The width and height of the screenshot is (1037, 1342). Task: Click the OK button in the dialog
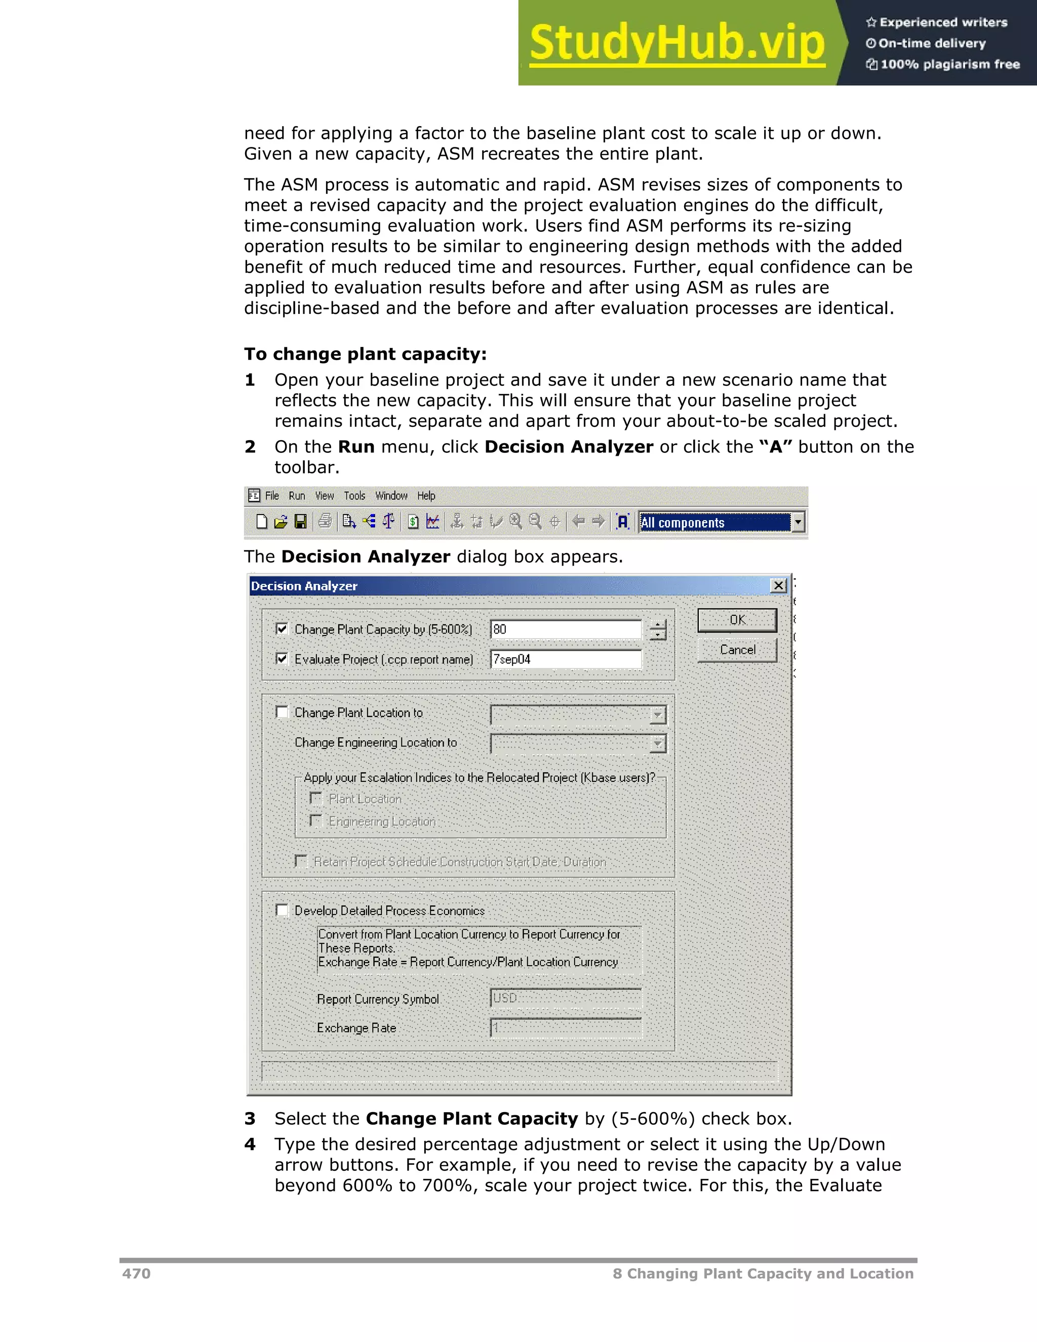(x=737, y=620)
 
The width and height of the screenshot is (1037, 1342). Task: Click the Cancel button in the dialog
(x=737, y=650)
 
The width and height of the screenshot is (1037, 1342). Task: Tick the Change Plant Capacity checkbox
(x=282, y=628)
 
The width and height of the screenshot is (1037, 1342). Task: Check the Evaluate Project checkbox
(x=282, y=659)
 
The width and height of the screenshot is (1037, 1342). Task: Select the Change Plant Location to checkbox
(x=282, y=712)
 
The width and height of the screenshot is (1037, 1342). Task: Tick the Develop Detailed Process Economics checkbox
(x=282, y=910)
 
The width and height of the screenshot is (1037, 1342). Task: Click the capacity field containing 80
(x=565, y=629)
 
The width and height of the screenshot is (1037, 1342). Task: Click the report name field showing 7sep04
(x=565, y=659)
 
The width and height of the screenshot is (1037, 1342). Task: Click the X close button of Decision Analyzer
(x=778, y=585)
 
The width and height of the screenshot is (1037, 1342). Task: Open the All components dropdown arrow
(x=797, y=522)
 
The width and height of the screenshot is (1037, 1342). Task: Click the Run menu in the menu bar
(x=297, y=496)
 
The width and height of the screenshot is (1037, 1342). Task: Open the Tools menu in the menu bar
(x=354, y=496)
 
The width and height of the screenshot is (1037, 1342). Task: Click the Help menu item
(x=426, y=496)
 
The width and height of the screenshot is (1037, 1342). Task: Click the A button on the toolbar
(x=623, y=522)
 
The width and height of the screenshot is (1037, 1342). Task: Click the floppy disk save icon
(x=300, y=522)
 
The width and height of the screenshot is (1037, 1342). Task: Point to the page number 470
(x=136, y=1273)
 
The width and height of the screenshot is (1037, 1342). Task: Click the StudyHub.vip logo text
(x=676, y=43)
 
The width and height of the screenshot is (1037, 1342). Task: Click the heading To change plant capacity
(x=365, y=354)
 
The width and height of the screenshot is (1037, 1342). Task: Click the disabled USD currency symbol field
(x=565, y=999)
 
